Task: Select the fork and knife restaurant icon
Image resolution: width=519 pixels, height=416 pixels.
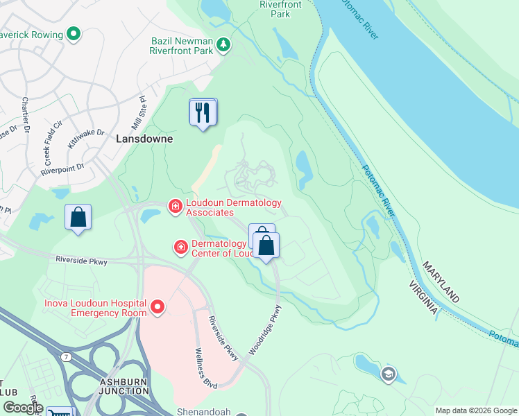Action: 203,112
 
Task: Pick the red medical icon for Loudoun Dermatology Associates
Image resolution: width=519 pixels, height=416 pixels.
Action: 175,205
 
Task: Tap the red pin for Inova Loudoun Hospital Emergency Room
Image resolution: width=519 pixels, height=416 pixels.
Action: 158,306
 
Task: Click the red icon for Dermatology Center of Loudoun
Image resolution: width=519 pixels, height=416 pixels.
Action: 180,246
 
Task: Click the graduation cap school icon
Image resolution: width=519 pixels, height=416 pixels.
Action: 387,374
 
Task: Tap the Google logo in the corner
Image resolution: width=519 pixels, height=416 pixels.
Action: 22,408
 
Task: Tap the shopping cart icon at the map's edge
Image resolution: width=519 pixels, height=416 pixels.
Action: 60,413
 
